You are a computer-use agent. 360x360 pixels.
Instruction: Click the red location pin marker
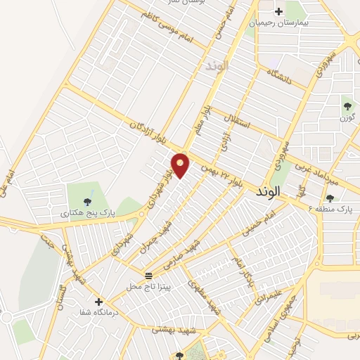coord(181,165)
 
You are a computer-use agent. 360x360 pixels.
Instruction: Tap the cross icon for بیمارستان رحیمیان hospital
coord(279,11)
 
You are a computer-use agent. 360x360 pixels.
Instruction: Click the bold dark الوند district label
coord(269,191)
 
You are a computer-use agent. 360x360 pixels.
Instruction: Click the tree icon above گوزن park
coord(347,106)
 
